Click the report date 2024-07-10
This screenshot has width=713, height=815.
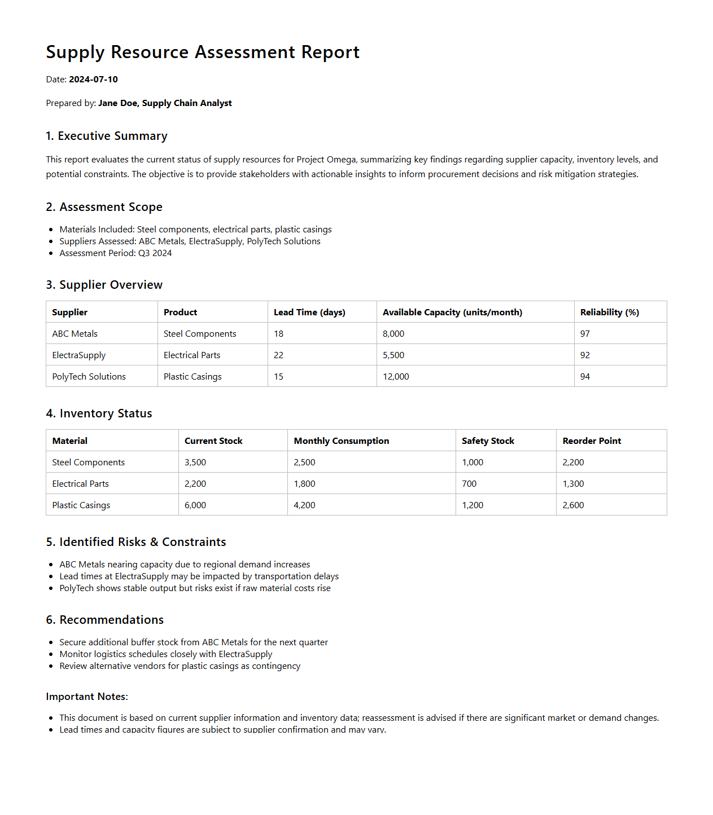coord(93,80)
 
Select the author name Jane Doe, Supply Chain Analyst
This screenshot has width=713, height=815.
coord(165,103)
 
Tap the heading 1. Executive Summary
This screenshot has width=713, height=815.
coord(107,136)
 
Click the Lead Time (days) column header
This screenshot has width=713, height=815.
coord(309,312)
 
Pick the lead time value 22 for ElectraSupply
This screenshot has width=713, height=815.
coord(278,355)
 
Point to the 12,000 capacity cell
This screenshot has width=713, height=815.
coord(396,377)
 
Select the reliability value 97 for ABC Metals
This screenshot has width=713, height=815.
coord(585,334)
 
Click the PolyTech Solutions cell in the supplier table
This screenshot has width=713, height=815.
coord(89,377)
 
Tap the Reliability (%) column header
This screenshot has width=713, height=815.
coord(609,312)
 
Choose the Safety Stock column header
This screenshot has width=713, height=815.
coord(488,441)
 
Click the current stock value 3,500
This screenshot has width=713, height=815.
coord(195,462)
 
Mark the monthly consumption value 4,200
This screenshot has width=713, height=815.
coord(304,505)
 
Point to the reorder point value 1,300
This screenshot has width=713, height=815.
coord(573,484)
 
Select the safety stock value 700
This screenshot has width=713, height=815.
coord(469,484)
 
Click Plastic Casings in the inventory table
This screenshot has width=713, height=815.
coord(81,505)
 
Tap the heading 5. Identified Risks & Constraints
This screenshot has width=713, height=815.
coord(136,542)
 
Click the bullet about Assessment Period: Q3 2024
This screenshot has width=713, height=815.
coord(116,253)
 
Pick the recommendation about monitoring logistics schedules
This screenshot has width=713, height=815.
coord(166,654)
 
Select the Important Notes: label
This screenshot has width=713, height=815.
coord(87,697)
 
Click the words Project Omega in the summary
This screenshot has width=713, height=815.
coord(326,160)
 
